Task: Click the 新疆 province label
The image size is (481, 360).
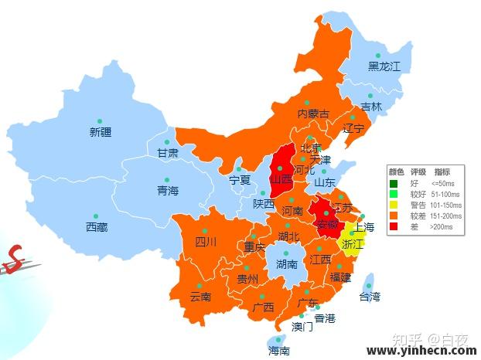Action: [x=101, y=132]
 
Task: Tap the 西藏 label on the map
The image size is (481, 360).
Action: [x=97, y=227]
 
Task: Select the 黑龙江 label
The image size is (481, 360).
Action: [x=384, y=66]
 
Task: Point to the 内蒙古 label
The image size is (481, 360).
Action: [x=313, y=114]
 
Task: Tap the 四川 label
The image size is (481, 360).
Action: [x=206, y=242]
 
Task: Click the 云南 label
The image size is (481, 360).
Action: [x=200, y=296]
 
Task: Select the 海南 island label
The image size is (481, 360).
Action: [x=279, y=350]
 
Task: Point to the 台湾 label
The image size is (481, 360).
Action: [x=370, y=296]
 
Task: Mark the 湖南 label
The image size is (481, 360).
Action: [x=287, y=264]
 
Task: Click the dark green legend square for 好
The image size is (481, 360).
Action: [x=394, y=184]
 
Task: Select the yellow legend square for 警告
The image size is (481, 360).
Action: [x=394, y=205]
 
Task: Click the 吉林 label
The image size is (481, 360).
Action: [x=371, y=107]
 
